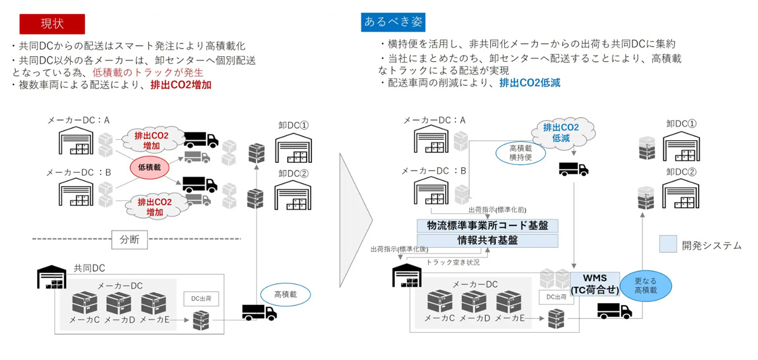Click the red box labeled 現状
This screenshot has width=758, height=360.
pos(52,23)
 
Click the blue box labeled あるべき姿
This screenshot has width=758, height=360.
pos(394,22)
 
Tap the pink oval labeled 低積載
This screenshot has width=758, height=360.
pos(150,167)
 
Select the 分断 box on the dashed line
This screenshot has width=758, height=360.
pos(129,239)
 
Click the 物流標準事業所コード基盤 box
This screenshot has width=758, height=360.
pos(488,225)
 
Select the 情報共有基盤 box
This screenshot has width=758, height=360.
pos(488,240)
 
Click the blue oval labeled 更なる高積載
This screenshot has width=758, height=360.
pos(646,285)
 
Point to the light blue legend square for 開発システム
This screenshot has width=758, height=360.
pos(668,244)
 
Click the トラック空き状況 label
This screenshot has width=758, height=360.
pos(453,262)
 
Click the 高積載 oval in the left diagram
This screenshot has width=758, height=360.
pos(285,294)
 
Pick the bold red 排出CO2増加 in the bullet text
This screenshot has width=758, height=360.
pos(181,85)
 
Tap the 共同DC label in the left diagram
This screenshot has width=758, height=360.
pos(89,268)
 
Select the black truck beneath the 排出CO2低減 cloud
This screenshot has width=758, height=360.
pos(573,169)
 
